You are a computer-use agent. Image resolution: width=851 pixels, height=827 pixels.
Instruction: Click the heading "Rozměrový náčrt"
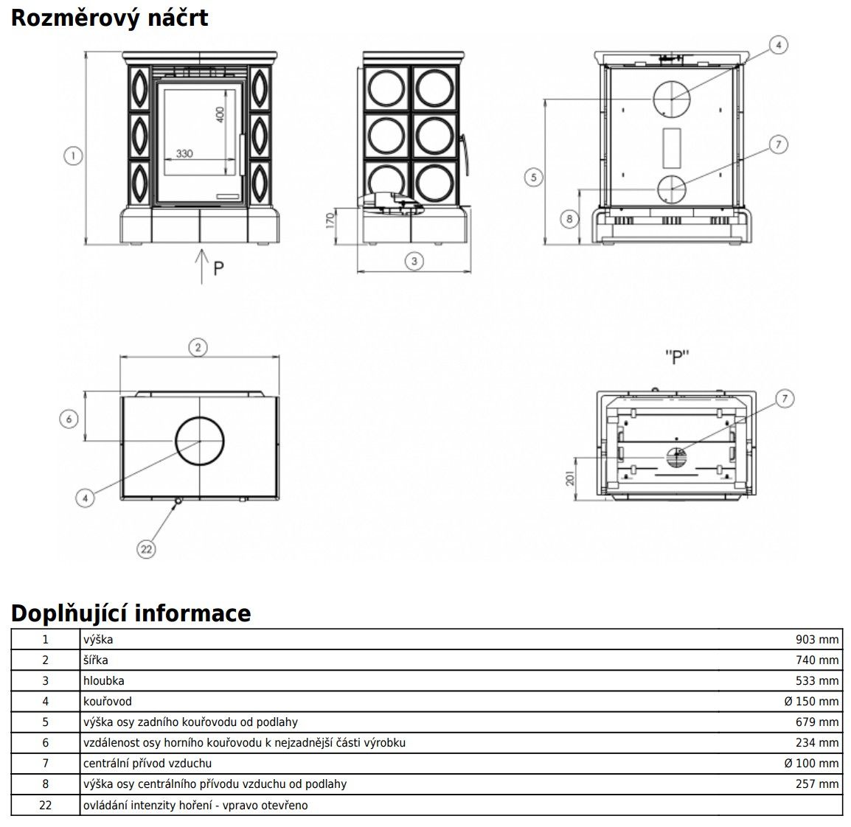109,17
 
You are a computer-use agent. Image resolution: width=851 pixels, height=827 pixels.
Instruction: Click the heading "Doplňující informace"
131,613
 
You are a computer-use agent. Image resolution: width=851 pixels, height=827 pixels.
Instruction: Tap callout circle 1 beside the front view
72,156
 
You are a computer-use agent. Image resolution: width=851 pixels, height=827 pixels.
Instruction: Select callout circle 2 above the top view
197,347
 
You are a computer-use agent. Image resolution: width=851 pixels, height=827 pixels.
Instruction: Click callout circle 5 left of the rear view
534,176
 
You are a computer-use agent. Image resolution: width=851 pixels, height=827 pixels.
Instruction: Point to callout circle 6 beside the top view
68,419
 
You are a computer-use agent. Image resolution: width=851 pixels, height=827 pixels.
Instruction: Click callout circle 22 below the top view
147,548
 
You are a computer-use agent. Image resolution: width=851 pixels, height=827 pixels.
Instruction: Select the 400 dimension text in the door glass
220,116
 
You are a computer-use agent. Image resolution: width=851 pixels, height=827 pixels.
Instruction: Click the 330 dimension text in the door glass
184,154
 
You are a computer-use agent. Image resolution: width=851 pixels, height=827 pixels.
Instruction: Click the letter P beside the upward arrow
218,268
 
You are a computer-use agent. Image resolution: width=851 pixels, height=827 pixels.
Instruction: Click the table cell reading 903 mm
817,640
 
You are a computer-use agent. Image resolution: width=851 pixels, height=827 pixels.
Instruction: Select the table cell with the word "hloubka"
103,681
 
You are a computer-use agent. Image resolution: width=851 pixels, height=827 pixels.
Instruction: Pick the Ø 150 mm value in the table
811,702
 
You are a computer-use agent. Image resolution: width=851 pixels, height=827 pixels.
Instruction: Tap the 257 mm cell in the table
817,784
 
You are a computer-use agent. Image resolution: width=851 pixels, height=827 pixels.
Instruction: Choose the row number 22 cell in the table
45,805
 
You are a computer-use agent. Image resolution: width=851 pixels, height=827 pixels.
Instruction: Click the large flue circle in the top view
199,441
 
